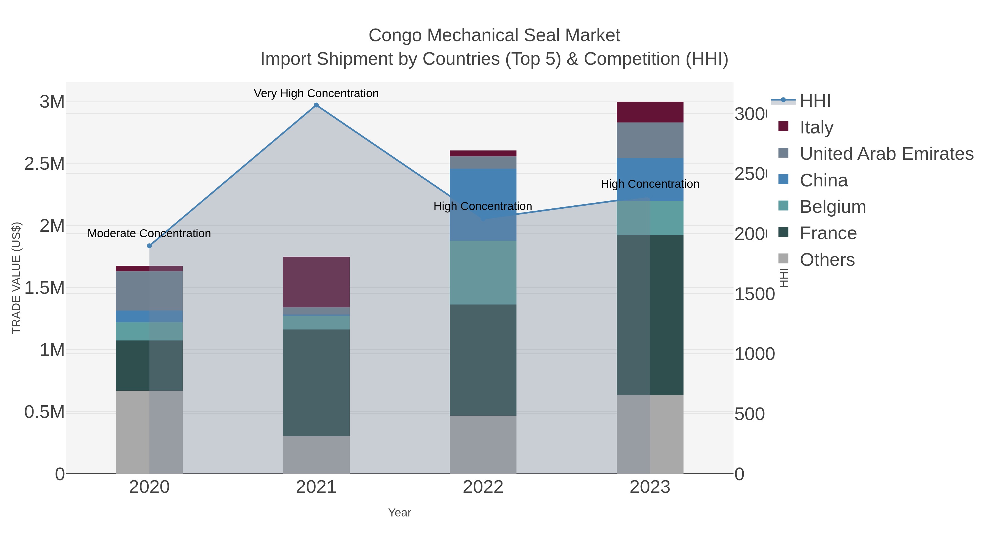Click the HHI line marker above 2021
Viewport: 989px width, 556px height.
click(316, 105)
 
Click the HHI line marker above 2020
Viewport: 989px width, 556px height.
click(149, 246)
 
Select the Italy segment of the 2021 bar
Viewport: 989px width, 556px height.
click(316, 282)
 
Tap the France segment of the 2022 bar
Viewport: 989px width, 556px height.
click(483, 360)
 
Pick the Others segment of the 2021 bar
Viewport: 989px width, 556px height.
click(316, 455)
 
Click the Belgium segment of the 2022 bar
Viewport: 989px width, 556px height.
click(483, 273)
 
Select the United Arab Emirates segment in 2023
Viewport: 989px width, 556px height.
click(650, 140)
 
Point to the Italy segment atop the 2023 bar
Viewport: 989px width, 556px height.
click(650, 112)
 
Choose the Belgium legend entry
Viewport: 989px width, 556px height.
click(832, 207)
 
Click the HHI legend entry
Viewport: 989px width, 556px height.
click(815, 101)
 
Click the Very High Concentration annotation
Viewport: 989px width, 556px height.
click(316, 94)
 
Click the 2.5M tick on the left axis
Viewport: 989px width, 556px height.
click(45, 164)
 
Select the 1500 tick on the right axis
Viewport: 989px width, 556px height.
click(754, 295)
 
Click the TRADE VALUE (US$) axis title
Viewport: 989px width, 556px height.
click(16, 278)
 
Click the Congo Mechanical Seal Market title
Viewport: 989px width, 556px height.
click(494, 36)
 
